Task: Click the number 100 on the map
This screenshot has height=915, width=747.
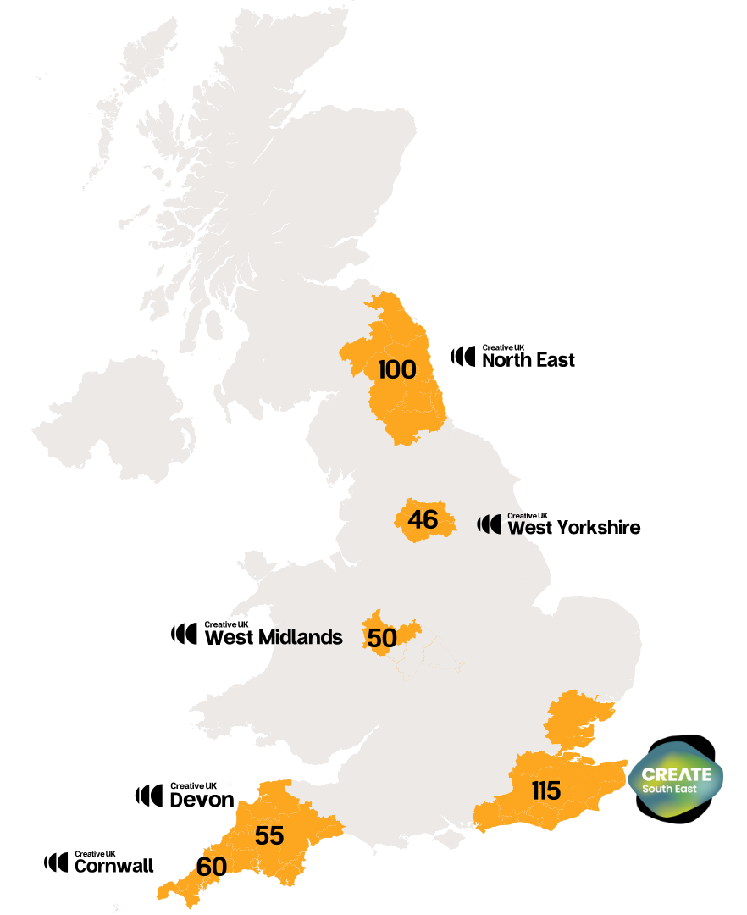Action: (x=397, y=370)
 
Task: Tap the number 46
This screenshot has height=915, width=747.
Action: (x=423, y=519)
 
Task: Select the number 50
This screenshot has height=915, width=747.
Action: (x=382, y=638)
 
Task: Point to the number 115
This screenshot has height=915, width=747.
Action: (x=546, y=790)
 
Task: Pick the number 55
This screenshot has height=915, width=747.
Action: (x=269, y=836)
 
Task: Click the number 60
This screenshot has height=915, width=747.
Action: (x=211, y=868)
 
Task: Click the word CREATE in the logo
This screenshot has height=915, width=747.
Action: (x=676, y=774)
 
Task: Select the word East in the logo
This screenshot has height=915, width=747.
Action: (x=687, y=790)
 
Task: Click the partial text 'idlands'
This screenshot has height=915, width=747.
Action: (x=306, y=637)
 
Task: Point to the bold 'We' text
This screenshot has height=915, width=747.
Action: (x=519, y=529)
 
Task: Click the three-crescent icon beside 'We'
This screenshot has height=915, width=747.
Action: (x=489, y=524)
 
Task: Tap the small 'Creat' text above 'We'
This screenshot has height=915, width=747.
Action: (x=517, y=515)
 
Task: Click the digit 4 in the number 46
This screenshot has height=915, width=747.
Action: (x=415, y=519)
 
